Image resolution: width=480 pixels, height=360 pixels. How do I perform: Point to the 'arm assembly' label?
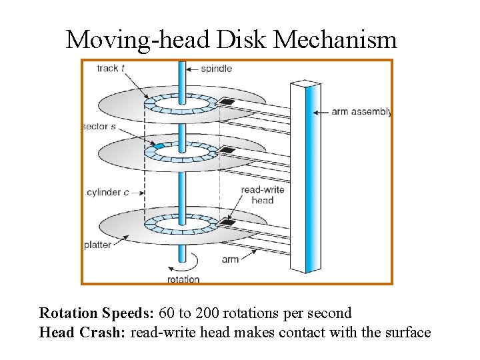(361, 112)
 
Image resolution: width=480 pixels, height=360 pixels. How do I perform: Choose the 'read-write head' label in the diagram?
(263, 195)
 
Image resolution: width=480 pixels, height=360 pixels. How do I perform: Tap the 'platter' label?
(97, 245)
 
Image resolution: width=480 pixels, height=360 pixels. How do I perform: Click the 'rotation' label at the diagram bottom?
(183, 279)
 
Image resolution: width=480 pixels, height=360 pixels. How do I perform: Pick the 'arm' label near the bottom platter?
(230, 259)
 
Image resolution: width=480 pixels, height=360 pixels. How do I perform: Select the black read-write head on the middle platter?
(229, 151)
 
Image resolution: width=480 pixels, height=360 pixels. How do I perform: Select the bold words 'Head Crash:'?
(82, 332)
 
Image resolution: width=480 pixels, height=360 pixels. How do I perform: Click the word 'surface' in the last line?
(407, 332)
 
